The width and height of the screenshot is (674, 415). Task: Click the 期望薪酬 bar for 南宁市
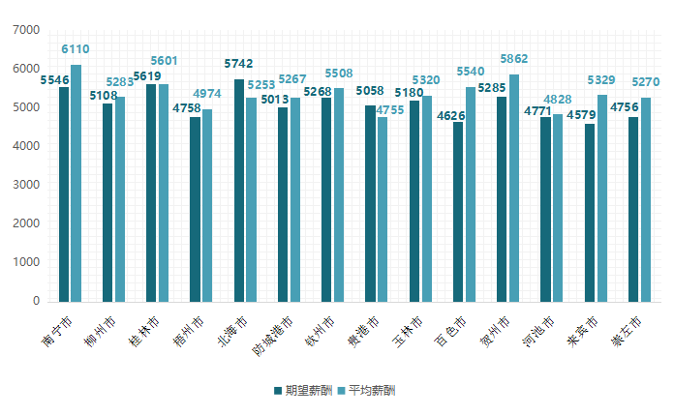point(64,193)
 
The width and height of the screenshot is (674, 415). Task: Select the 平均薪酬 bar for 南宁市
point(76,183)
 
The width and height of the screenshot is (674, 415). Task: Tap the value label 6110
point(76,48)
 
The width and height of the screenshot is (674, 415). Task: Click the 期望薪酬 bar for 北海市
point(239,190)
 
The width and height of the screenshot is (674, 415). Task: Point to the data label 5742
point(239,64)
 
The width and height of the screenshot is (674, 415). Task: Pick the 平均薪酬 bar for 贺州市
point(514,188)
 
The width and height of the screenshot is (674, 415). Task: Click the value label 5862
point(515,59)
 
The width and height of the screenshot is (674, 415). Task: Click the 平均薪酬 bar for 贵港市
point(383,209)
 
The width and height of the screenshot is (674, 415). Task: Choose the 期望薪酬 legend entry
point(302,391)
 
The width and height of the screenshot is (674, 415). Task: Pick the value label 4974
point(206,94)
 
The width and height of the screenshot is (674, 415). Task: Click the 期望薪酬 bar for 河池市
point(546,209)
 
